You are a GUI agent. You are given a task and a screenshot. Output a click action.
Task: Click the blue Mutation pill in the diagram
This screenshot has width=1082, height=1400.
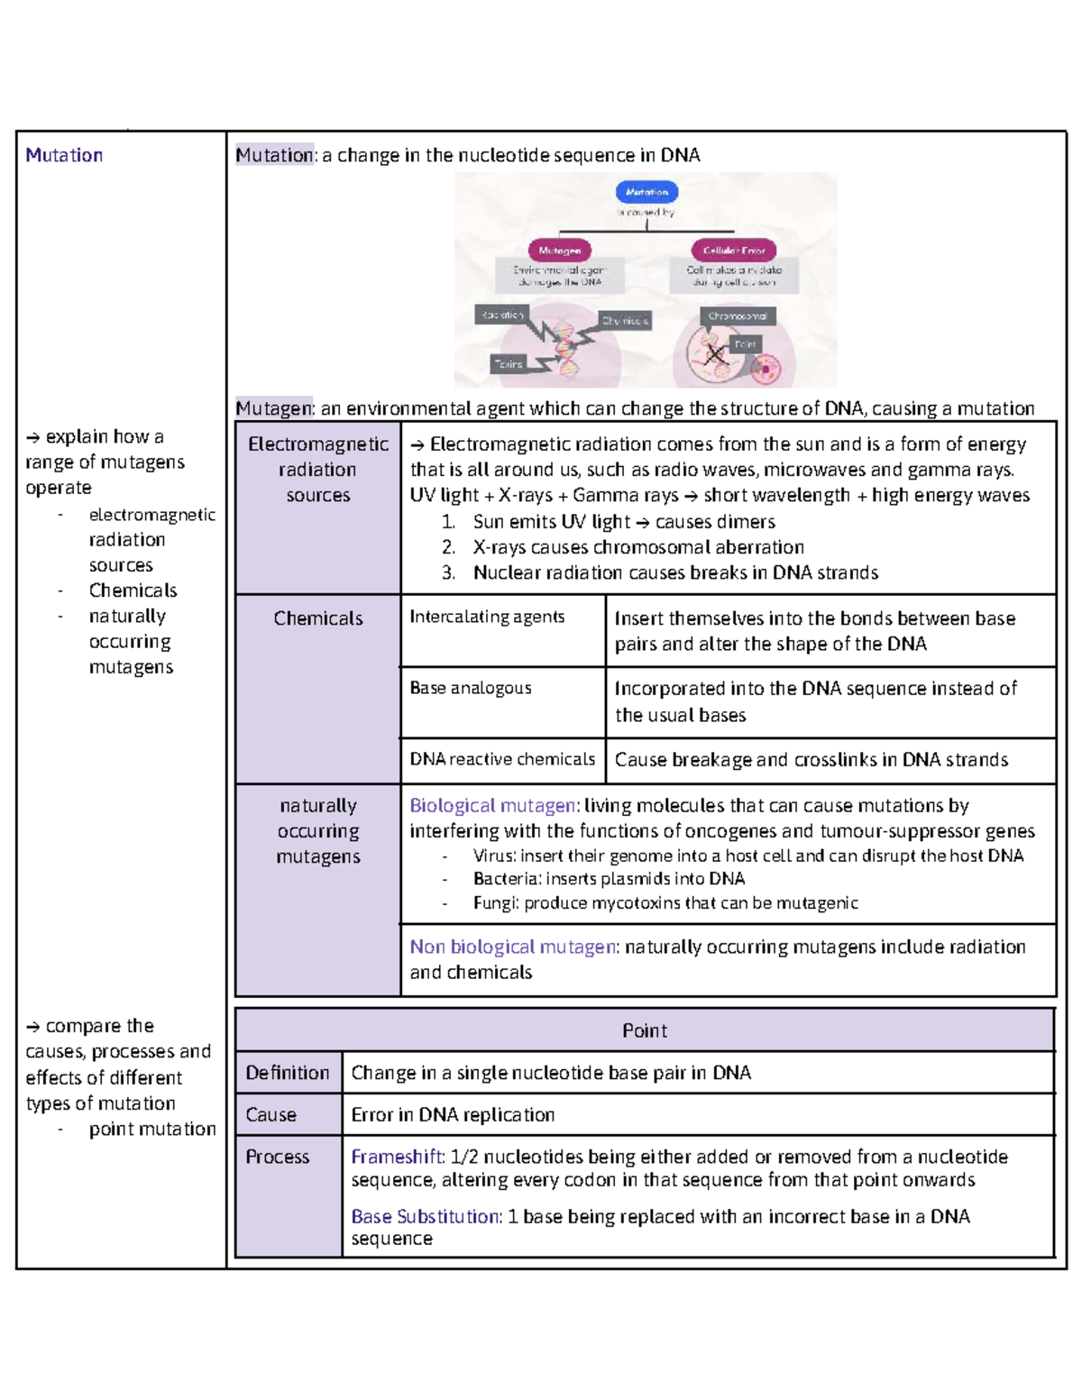pyautogui.click(x=646, y=192)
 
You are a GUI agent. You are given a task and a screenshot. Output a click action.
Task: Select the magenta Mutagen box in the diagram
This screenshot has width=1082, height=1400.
pyautogui.click(x=559, y=251)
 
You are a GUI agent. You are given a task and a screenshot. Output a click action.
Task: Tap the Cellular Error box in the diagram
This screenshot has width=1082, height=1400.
pyautogui.click(x=734, y=251)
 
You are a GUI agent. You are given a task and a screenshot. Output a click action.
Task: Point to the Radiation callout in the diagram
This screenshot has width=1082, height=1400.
pyautogui.click(x=501, y=315)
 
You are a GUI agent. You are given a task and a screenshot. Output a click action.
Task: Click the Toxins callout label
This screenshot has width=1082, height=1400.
pyautogui.click(x=508, y=364)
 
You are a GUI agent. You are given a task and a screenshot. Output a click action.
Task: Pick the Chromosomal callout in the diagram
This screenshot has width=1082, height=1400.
pyautogui.click(x=737, y=316)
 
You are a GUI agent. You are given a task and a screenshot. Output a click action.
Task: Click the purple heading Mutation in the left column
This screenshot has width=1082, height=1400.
pyautogui.click(x=64, y=155)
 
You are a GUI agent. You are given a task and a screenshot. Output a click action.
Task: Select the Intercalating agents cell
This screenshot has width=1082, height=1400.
pyautogui.click(x=487, y=617)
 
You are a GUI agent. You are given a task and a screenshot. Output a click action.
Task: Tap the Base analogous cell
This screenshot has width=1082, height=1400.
pyautogui.click(x=470, y=688)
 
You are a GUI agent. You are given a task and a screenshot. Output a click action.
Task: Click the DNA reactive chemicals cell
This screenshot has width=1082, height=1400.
pyautogui.click(x=502, y=759)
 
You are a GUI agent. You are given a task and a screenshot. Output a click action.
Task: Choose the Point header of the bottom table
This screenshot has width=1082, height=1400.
pyautogui.click(x=645, y=1030)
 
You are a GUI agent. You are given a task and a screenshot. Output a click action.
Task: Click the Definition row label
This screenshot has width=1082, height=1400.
pyautogui.click(x=288, y=1073)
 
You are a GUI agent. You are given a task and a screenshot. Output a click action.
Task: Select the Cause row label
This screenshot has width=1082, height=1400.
pyautogui.click(x=270, y=1115)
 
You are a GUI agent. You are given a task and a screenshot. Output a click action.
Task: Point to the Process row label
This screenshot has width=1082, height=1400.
pyautogui.click(x=277, y=1157)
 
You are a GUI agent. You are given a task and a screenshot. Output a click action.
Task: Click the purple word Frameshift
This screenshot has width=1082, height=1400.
pyautogui.click(x=397, y=1157)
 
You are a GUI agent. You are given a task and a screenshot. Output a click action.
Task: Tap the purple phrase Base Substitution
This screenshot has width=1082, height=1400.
pyautogui.click(x=426, y=1216)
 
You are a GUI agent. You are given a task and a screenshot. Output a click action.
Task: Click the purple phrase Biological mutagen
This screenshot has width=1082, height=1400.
pyautogui.click(x=493, y=805)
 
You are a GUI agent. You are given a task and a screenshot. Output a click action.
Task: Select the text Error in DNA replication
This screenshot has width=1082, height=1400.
pyautogui.click(x=453, y=1115)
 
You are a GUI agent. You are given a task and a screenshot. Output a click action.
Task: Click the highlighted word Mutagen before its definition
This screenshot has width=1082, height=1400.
pyautogui.click(x=273, y=408)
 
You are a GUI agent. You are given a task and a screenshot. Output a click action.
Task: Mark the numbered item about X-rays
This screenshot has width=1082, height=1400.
pyautogui.click(x=637, y=547)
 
